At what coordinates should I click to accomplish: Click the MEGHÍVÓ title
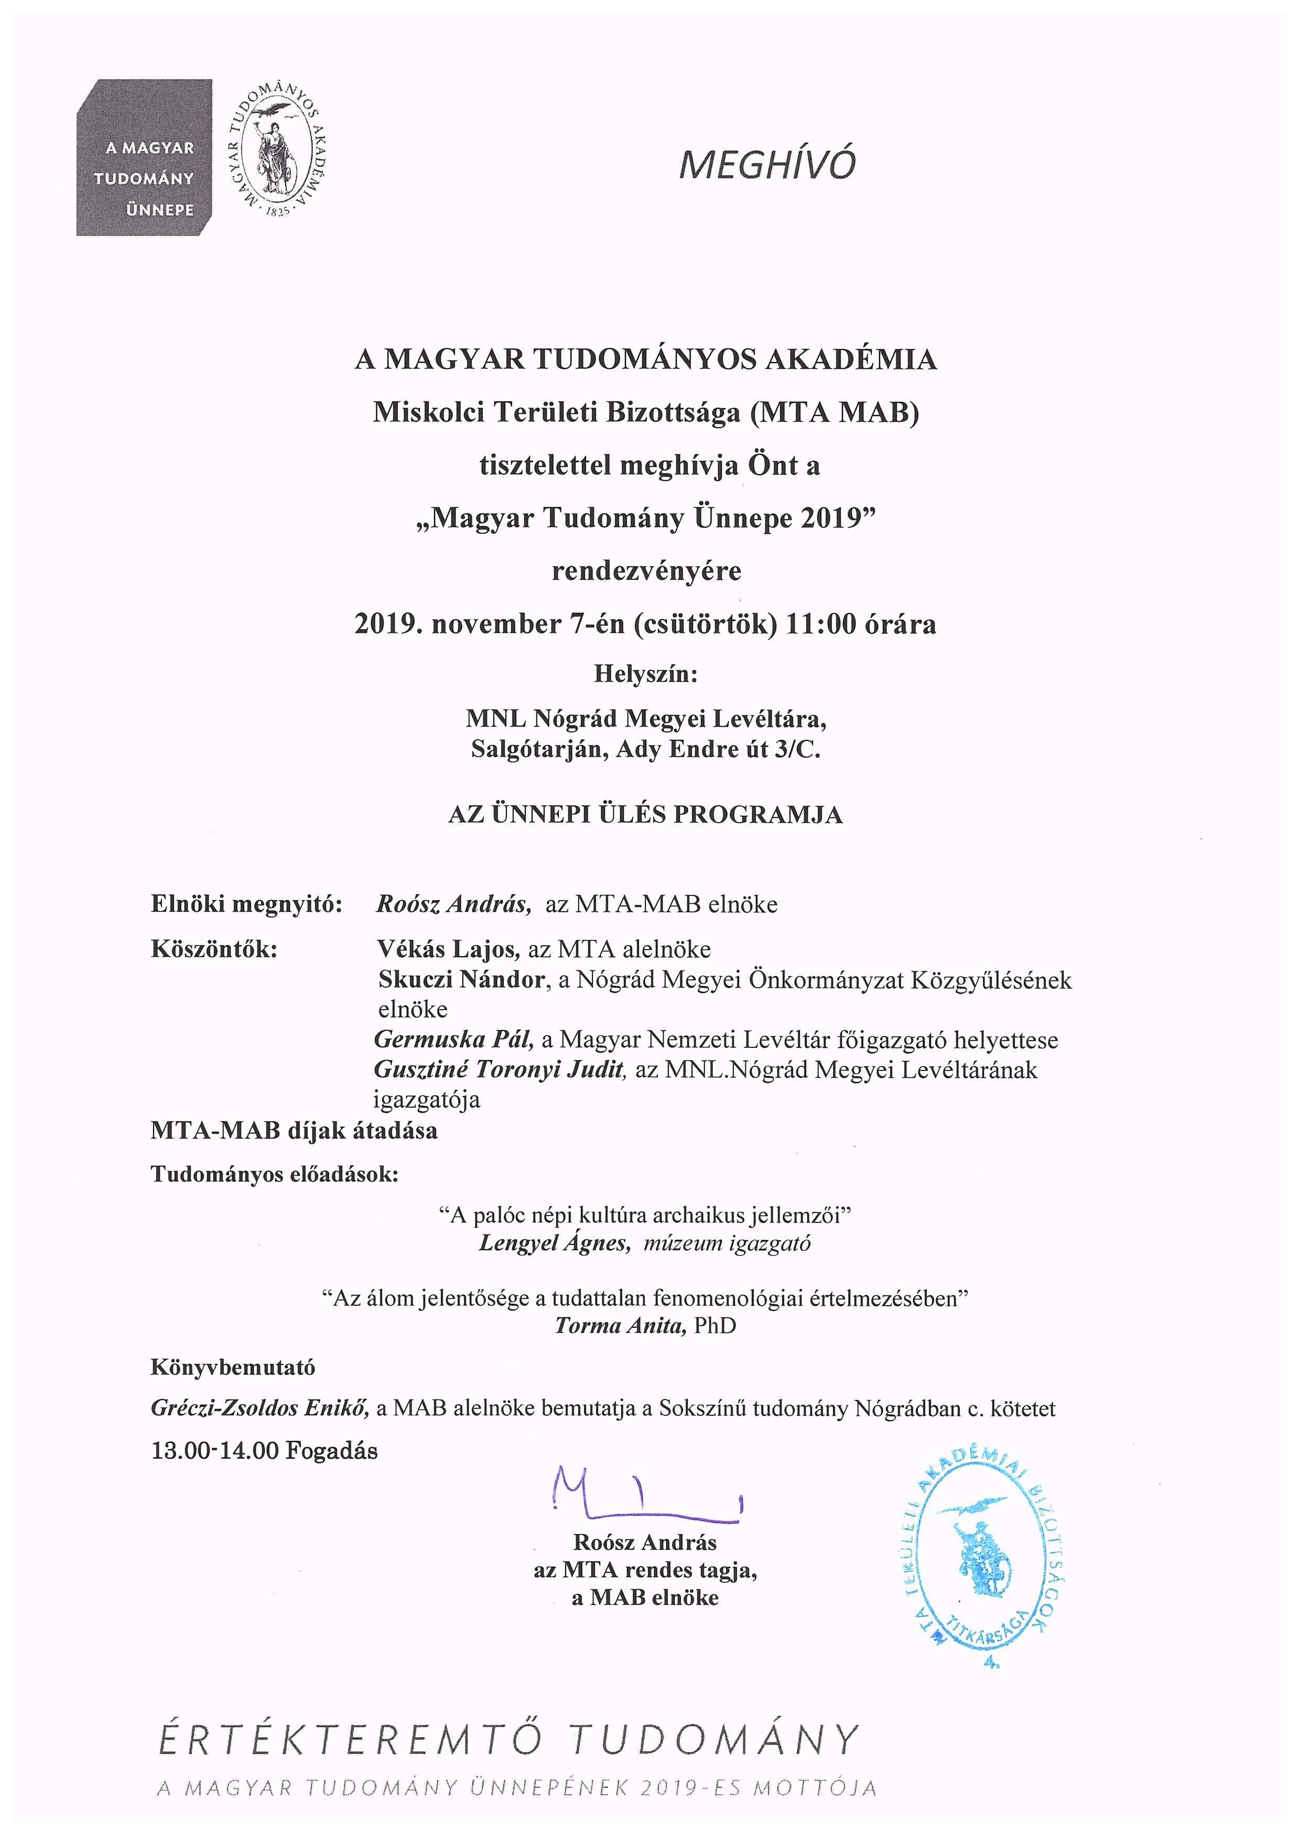[x=767, y=164]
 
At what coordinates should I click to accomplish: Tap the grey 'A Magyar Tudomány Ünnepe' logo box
[x=145, y=158]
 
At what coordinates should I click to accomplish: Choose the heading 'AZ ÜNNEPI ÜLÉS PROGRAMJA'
[x=645, y=815]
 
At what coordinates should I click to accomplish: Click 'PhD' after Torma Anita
[x=715, y=1326]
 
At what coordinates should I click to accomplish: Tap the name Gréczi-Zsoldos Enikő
[x=260, y=1408]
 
